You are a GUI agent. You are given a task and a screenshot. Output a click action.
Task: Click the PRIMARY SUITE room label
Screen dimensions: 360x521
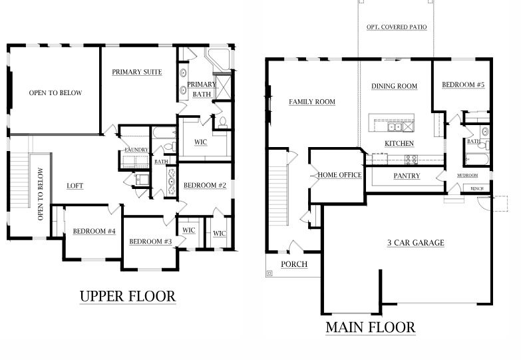point(137,72)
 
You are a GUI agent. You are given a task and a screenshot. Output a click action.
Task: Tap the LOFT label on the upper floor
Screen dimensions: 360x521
point(75,186)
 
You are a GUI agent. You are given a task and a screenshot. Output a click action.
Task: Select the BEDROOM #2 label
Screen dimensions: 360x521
point(205,185)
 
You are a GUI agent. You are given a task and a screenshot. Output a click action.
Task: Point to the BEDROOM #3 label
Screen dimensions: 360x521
point(151,241)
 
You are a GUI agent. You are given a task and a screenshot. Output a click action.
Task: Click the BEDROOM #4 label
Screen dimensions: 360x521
point(94,231)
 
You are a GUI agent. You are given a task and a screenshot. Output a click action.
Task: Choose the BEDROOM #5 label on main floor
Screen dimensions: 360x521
point(463,85)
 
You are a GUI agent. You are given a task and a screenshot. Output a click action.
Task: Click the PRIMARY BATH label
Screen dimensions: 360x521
point(202,89)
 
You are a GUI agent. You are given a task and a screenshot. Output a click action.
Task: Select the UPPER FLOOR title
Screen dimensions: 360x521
point(128,295)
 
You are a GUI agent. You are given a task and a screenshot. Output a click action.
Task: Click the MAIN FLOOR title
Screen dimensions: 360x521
point(370,327)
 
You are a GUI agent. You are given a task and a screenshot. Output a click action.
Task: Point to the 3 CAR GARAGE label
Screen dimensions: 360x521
point(415,243)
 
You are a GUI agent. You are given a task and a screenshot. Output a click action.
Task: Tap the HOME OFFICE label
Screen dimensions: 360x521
point(339,175)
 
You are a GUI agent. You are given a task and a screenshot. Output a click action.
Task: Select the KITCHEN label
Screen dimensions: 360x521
point(399,144)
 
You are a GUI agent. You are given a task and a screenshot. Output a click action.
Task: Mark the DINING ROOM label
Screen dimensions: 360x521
point(394,86)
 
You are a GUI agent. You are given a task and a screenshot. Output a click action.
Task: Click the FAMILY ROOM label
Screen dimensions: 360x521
point(311,102)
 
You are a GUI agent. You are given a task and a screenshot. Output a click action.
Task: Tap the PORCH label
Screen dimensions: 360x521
point(294,264)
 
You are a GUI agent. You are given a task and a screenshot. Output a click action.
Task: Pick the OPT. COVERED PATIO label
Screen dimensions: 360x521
point(397,27)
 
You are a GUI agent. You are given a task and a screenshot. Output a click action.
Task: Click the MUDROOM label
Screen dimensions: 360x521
point(467,176)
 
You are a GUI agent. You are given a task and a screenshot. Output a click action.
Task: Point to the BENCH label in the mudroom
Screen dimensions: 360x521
point(476,188)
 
